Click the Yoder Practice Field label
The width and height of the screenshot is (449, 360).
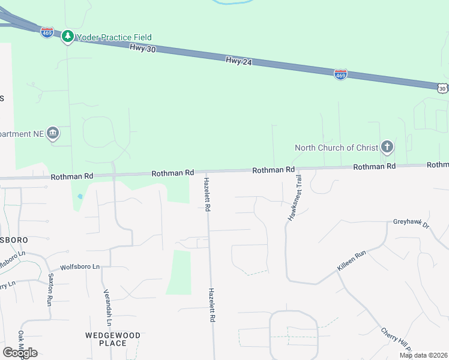(x=113, y=37)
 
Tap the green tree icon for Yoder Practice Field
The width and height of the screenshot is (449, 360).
(x=68, y=37)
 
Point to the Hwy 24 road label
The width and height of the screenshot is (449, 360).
(x=238, y=61)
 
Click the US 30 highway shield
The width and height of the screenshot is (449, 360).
(x=442, y=88)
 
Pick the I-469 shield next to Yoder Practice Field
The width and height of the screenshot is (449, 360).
(x=47, y=32)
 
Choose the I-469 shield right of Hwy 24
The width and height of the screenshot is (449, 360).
(x=340, y=74)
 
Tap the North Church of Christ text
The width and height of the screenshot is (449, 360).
(x=336, y=148)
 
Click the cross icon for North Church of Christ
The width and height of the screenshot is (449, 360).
(x=387, y=147)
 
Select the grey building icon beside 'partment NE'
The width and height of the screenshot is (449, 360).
(x=53, y=133)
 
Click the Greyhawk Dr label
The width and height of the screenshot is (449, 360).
(x=412, y=224)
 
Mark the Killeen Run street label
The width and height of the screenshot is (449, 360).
(x=351, y=262)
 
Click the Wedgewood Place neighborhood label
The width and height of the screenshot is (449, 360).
(x=113, y=339)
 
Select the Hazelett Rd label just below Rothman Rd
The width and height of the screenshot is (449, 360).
(x=206, y=194)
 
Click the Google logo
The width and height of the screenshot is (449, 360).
(x=20, y=353)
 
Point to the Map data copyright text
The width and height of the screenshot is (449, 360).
(x=424, y=355)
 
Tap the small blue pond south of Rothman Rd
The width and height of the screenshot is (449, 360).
(x=80, y=196)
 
